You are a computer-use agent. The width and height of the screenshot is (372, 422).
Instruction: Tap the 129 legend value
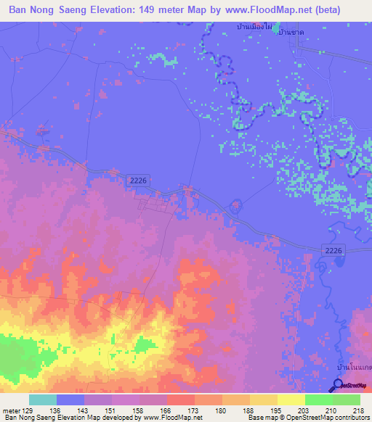(x=29, y=410)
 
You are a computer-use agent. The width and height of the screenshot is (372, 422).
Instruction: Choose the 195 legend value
(x=279, y=410)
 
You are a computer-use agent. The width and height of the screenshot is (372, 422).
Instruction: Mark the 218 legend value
(x=359, y=410)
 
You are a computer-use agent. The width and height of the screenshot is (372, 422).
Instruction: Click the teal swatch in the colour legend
(x=43, y=400)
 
